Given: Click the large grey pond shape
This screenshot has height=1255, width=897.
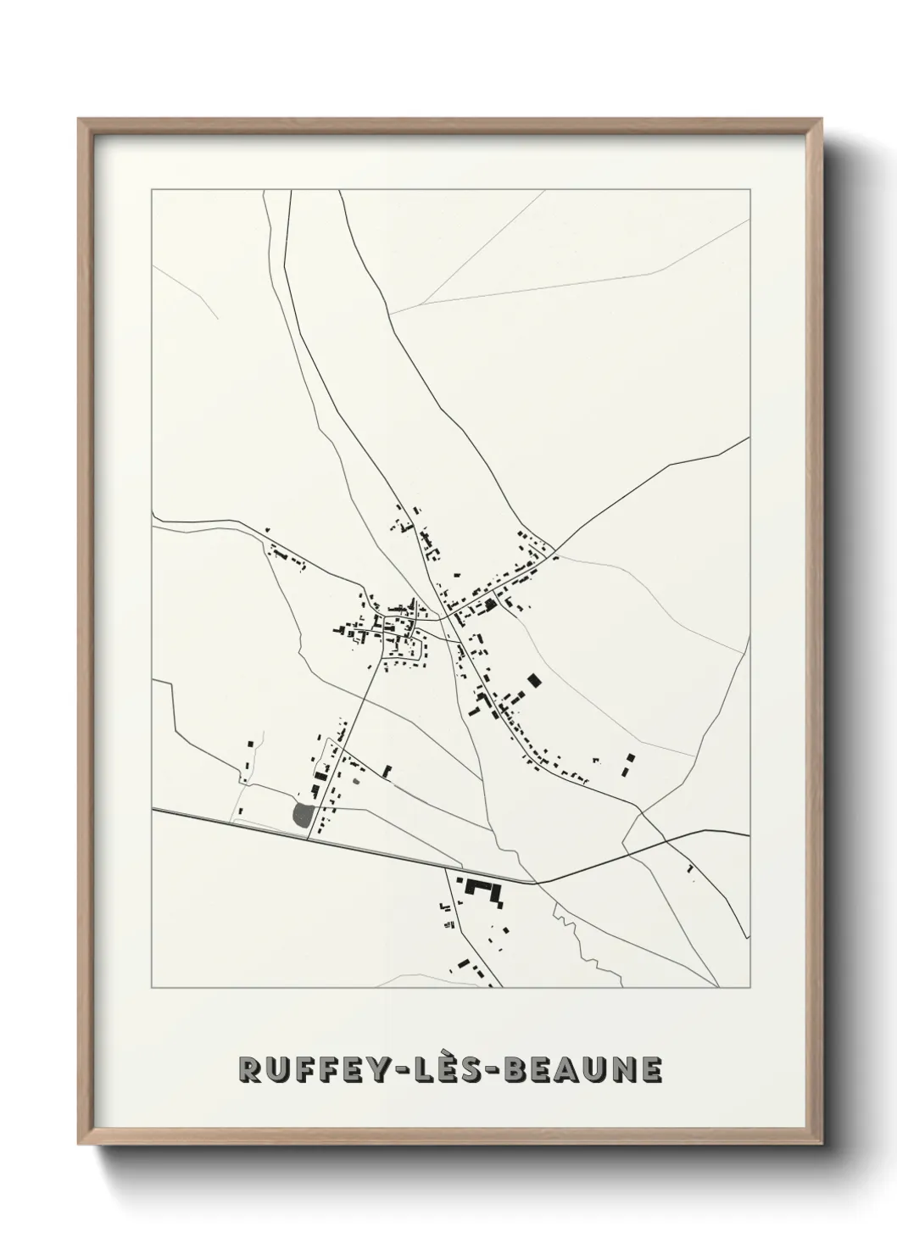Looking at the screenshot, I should click(302, 815).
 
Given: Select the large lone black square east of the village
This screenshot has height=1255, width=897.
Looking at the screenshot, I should click(533, 680).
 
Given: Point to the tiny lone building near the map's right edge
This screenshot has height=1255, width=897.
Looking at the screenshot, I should click(690, 868).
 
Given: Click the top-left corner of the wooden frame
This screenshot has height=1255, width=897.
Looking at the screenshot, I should click(80, 120).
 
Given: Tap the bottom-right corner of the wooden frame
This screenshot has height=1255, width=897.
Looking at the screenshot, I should click(822, 1146).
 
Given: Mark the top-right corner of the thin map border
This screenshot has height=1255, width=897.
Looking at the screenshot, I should click(751, 190).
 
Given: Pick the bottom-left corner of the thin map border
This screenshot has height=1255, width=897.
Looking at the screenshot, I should click(152, 988).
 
